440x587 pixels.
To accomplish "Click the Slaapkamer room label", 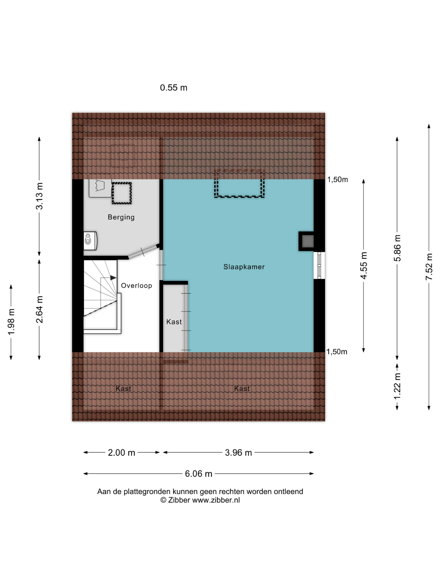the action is coord(244,267).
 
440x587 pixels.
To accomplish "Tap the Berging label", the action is coord(121,217).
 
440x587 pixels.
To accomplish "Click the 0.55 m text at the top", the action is coord(173,88).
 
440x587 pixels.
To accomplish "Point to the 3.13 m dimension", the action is coord(39,196).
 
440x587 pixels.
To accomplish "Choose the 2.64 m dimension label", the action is coord(39,309).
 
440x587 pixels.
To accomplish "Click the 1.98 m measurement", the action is coord(11,322).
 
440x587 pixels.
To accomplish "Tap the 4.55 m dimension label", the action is coord(364,265).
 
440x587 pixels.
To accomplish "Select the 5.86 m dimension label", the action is coord(397,248).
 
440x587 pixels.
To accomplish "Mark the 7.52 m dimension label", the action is coord(429,267).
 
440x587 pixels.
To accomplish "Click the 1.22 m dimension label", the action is coord(397,386).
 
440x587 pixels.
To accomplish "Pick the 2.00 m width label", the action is coord(121,453).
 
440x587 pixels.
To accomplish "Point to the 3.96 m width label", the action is coord(238,453).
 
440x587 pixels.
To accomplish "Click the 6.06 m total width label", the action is coord(198,474).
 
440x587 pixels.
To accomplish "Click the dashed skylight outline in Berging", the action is coord(121,193).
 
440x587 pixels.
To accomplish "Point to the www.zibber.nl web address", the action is coord(216,500).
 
